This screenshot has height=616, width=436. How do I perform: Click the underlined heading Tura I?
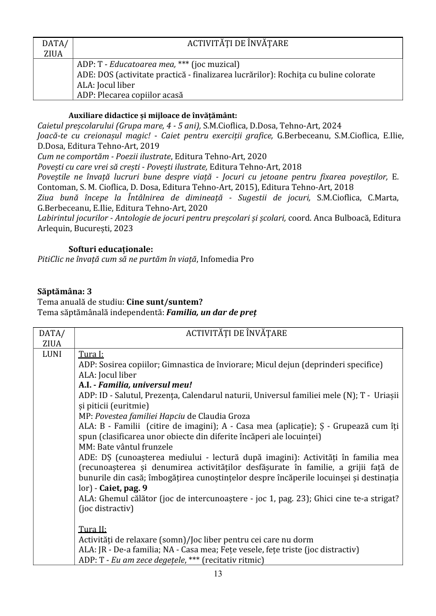[x=91, y=354]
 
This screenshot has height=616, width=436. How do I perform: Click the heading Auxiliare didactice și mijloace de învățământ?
[x=152, y=115]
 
